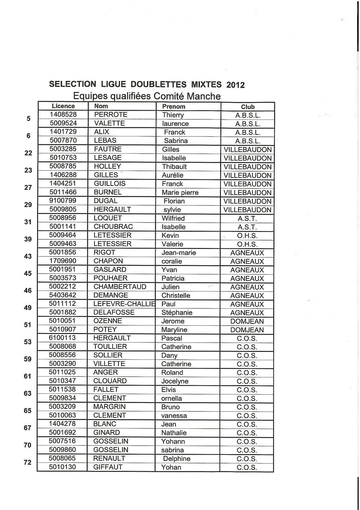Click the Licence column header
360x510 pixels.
point(63,106)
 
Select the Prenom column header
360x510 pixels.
point(174,106)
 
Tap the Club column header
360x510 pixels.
point(247,107)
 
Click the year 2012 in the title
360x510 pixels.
point(235,85)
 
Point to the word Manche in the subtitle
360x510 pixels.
point(204,96)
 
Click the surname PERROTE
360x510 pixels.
point(111,115)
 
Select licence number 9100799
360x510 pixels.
point(63,201)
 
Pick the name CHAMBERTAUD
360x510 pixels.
point(120,287)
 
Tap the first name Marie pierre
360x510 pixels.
point(180,193)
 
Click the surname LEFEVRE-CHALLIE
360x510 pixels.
point(124,304)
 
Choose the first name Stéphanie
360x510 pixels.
point(177,313)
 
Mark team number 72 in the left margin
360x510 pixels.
point(27,462)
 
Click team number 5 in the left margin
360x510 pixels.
point(28,119)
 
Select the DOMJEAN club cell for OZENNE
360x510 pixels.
point(247,322)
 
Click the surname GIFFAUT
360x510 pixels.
point(108,467)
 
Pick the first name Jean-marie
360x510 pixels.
point(178,253)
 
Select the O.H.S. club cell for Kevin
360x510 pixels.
point(247,236)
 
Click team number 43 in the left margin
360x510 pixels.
point(28,256)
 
